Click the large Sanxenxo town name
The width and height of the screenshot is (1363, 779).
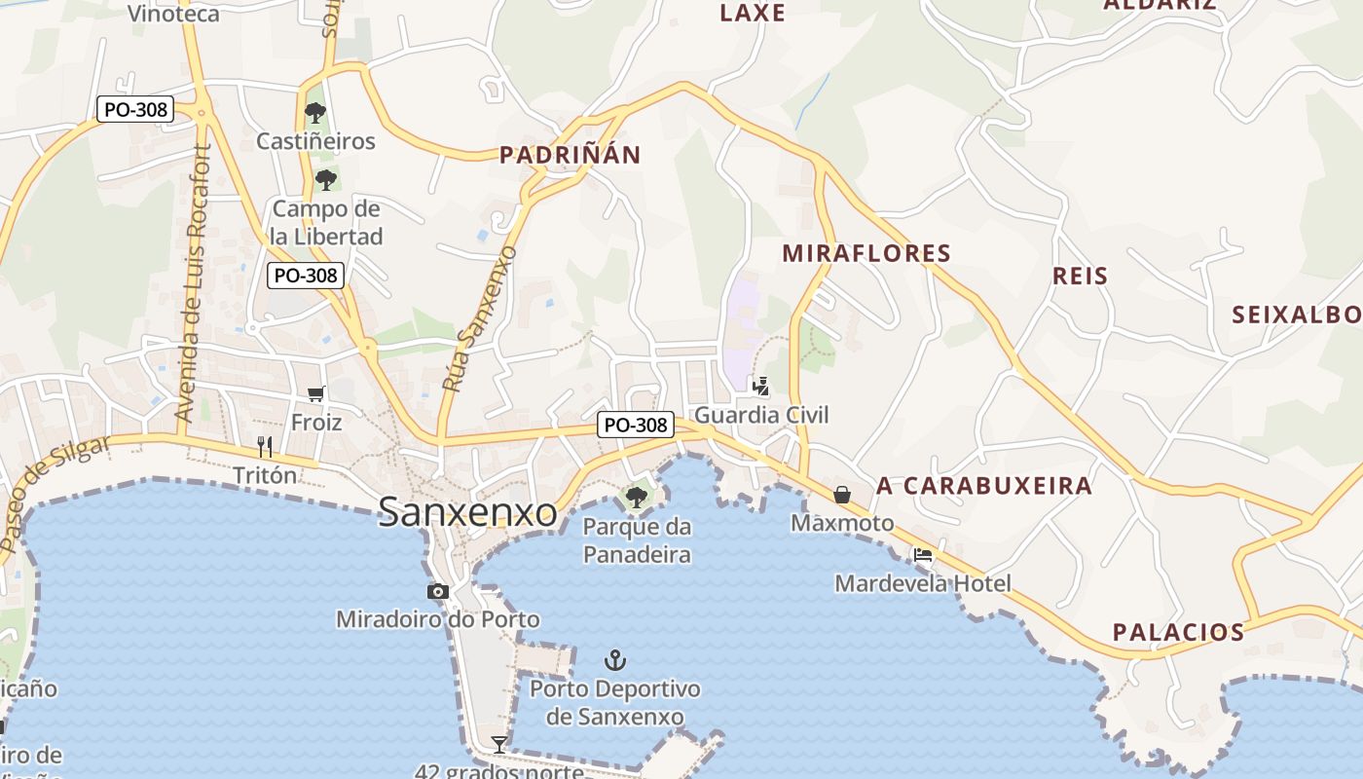[467, 512]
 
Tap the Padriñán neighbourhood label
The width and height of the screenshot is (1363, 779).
[571, 155]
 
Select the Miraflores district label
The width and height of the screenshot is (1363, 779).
[866, 253]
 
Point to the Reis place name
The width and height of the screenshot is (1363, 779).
[1081, 276]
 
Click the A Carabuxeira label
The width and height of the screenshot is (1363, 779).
[984, 485]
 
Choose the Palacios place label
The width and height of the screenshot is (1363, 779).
[1178, 632]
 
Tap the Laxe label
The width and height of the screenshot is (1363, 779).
[753, 13]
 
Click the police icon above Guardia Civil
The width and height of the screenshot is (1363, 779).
[760, 387]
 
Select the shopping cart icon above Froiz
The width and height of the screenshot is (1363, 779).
[315, 394]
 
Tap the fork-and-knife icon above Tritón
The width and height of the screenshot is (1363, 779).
[265, 447]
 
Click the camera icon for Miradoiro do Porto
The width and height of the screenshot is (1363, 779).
[438, 591]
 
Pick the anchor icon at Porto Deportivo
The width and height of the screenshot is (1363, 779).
[614, 661]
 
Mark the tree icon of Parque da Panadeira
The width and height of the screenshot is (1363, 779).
[637, 498]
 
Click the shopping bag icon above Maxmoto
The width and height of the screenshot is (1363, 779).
[842, 495]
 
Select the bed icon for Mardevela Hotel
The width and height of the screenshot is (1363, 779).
[923, 555]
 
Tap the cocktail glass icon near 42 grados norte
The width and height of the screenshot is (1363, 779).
[499, 745]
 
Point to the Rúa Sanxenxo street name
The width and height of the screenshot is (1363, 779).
[480, 319]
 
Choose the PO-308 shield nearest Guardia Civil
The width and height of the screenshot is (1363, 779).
[636, 425]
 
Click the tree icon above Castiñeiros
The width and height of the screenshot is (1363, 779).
[314, 113]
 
